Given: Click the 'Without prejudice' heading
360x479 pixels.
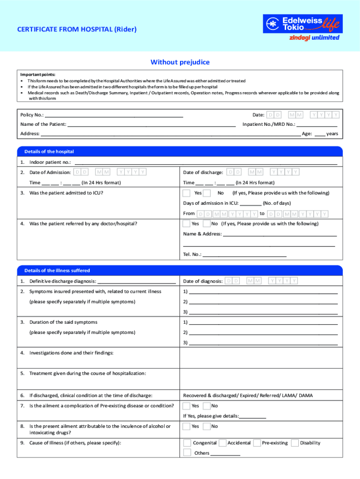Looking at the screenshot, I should tap(180, 62).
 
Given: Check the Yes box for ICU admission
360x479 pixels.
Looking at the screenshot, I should tap(187, 193).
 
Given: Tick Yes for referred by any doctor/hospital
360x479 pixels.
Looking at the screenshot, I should tap(187, 224).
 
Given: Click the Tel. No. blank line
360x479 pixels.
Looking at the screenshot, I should tap(245, 254).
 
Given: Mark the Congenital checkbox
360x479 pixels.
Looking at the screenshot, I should tap(187, 443).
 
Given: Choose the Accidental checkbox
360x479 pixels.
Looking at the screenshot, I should tap(223, 443).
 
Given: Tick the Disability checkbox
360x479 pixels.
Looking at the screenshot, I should tap(295, 443).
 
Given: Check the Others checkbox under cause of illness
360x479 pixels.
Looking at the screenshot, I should tap(187, 452).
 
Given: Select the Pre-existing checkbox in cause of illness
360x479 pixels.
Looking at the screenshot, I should tap(257, 443).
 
